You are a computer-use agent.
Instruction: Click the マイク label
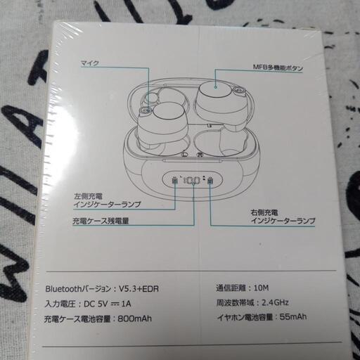point(90,63)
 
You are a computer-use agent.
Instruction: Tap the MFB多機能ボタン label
point(278,68)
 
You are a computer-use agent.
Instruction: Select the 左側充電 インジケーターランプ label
point(108,200)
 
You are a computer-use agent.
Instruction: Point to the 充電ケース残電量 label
point(101,221)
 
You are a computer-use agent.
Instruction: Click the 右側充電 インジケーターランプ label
point(283,217)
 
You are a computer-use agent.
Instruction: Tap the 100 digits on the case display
point(192,181)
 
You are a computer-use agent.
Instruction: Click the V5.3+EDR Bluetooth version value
point(139,289)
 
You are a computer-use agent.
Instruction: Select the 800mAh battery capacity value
point(134,319)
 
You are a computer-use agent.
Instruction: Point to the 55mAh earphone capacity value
point(293,317)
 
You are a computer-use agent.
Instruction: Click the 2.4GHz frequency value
point(275,302)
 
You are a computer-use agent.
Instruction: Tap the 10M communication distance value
point(262,288)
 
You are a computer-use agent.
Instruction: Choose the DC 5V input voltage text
point(96,304)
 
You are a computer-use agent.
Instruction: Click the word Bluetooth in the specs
point(63,289)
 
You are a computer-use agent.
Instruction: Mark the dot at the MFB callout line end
point(215,87)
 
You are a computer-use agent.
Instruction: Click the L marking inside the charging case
point(185,155)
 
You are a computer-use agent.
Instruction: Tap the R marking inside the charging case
point(200,155)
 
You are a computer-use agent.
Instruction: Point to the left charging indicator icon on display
point(174,181)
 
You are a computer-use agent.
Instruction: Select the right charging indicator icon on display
point(210,181)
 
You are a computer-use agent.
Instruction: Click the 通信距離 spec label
point(231,288)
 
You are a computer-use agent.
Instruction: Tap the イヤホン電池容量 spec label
point(245,317)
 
